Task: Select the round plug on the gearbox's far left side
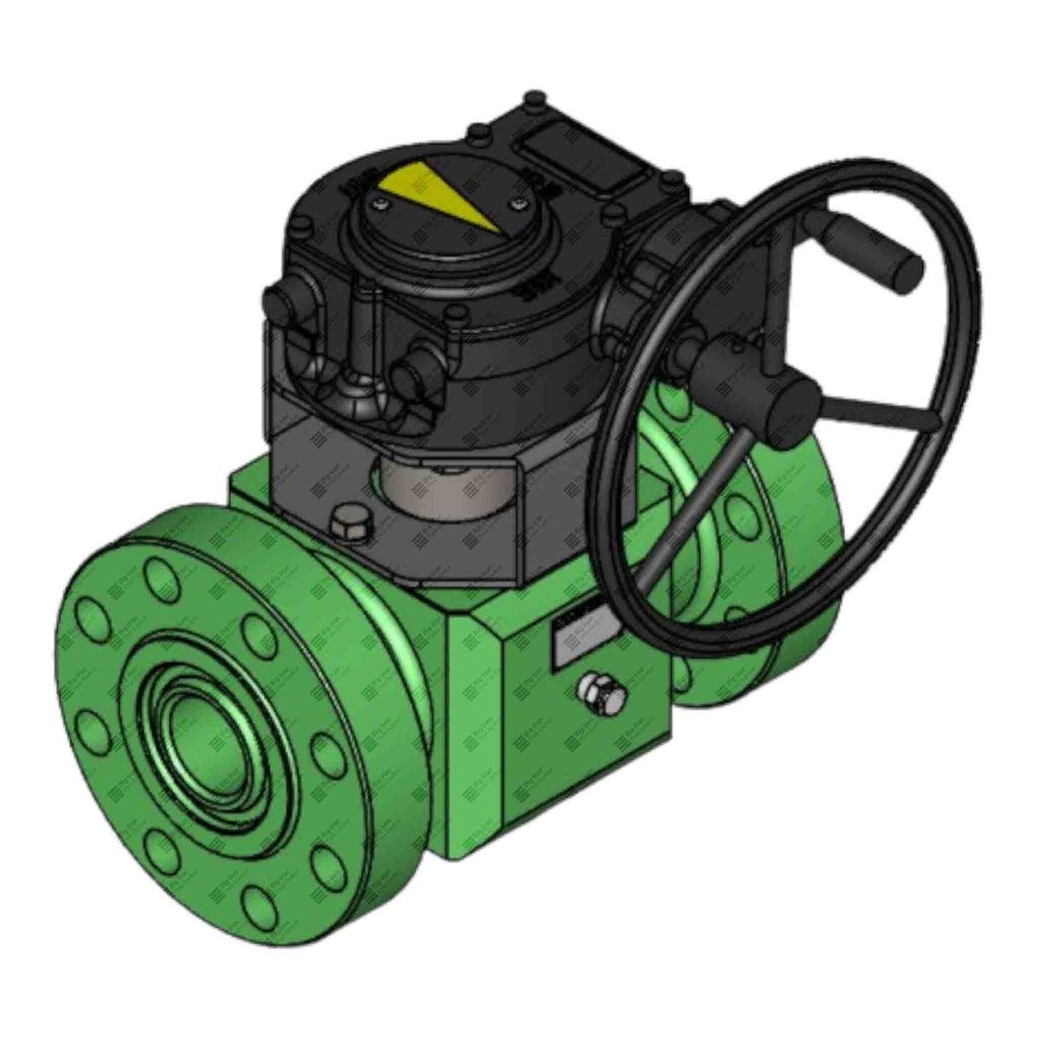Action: coord(282,304)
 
